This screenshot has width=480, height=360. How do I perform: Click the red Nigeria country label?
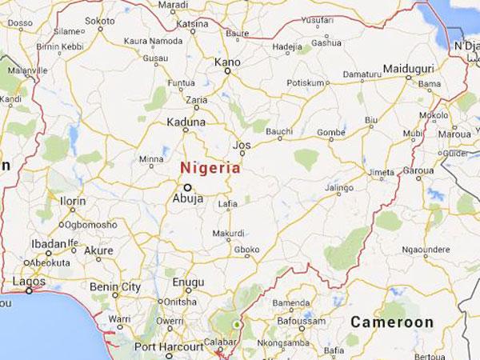(x=210, y=168)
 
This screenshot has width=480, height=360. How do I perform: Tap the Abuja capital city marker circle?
(x=188, y=187)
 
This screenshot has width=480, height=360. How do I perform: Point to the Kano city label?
(x=227, y=61)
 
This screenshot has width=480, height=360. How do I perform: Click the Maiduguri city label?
(x=409, y=69)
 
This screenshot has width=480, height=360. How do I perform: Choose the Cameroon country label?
(x=392, y=322)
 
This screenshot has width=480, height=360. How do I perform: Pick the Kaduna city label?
(x=186, y=122)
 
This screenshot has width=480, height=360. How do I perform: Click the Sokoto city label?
(x=100, y=20)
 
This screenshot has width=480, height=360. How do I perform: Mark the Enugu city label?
(x=189, y=283)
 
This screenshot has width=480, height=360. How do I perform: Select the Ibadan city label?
(x=48, y=244)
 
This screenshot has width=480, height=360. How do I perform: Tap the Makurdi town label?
(x=228, y=233)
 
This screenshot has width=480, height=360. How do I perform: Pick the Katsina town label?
(x=191, y=24)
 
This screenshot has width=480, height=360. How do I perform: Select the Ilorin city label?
(x=72, y=200)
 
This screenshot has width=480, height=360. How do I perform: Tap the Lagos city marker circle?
(x=29, y=290)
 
